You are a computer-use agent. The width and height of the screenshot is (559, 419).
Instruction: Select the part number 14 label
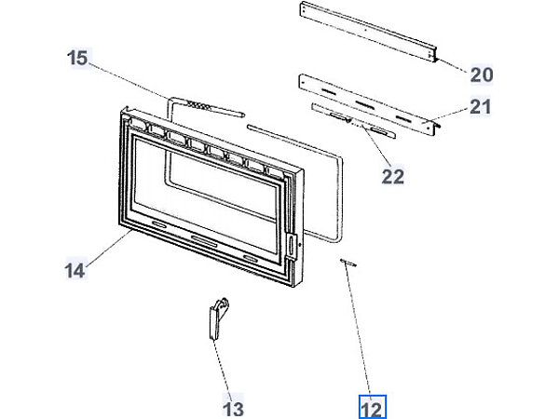click(x=75, y=271)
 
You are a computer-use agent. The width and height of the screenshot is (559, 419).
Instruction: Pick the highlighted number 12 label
click(x=372, y=407)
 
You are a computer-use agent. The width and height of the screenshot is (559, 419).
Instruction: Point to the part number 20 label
click(x=481, y=74)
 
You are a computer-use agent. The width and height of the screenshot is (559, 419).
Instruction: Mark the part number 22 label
click(x=393, y=174)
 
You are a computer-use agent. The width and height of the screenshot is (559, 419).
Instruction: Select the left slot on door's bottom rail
click(x=157, y=226)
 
